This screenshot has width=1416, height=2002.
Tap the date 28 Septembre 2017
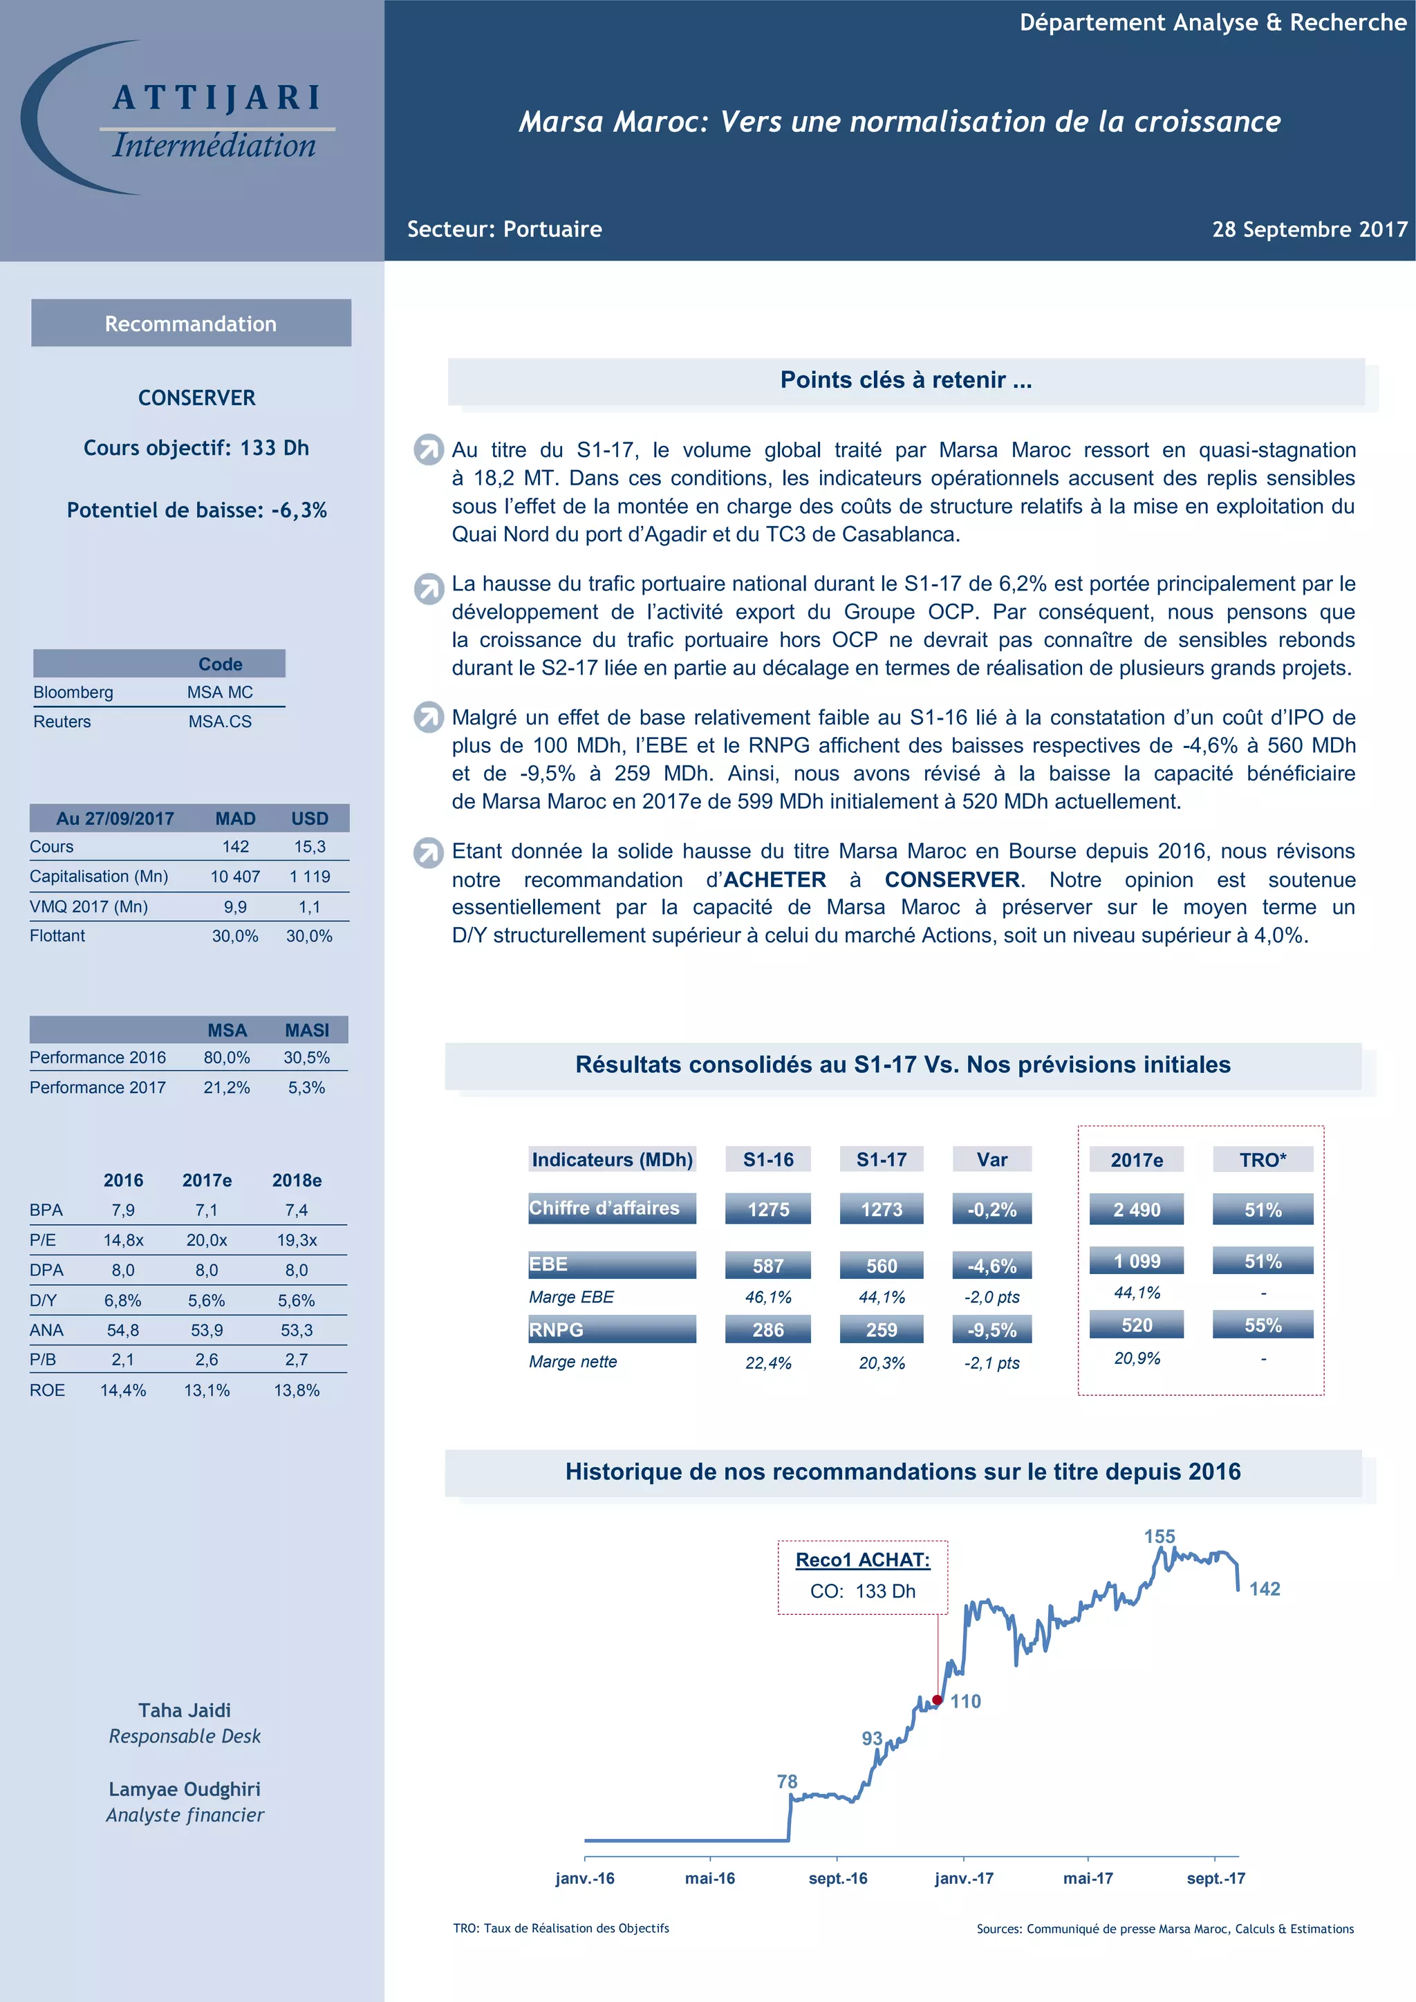1309,230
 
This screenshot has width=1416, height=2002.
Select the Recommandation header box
191,324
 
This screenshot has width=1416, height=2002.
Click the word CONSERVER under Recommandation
197,397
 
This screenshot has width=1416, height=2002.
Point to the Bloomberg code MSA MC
220,692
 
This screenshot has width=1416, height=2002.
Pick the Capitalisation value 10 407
235,877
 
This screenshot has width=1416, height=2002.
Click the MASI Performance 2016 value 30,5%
306,1058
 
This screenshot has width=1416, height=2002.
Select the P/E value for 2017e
207,1240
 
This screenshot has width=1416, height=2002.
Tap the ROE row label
47,1390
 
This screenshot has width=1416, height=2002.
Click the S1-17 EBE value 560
882,1265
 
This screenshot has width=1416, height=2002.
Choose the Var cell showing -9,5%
992,1330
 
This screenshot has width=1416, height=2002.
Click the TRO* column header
1263,1160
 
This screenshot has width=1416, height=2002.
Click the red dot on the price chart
938,1699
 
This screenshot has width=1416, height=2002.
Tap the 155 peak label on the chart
1159,1536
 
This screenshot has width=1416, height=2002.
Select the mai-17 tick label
1088,1878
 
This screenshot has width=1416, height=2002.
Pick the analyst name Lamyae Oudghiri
185,1789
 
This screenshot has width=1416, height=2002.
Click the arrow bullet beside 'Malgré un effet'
428,718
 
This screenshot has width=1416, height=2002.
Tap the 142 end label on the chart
1265,1589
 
